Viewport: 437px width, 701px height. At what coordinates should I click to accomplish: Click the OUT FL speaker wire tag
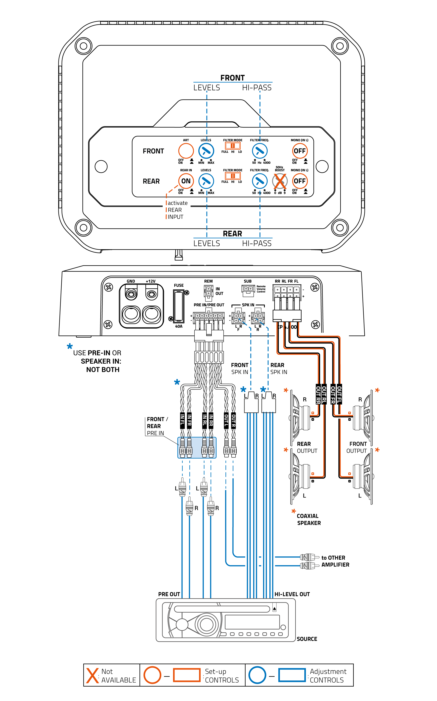tap(339, 395)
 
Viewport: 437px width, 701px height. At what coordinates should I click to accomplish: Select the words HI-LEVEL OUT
tap(292, 594)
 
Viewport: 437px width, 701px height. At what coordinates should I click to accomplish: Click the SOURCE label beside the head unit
tap(307, 639)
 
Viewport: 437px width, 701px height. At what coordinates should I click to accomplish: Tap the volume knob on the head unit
tap(206, 624)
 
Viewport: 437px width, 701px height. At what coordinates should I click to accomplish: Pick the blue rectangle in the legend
tap(292, 675)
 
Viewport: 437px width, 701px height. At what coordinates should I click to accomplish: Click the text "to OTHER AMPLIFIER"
tap(335, 561)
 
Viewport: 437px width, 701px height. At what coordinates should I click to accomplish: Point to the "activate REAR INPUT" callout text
tap(177, 210)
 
